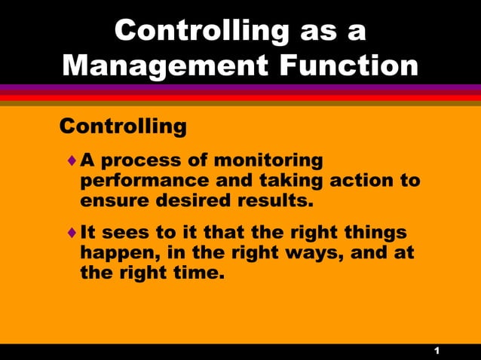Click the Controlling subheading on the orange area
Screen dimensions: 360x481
(123, 126)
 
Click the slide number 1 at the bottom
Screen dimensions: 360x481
(437, 352)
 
